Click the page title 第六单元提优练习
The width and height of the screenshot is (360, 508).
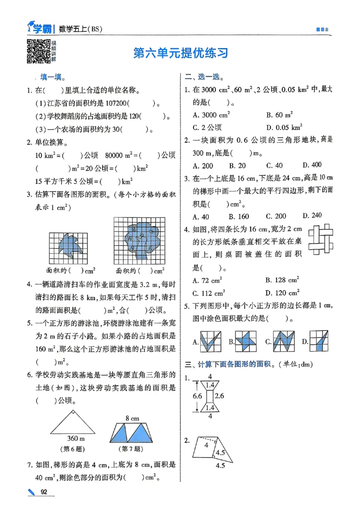coord(181,53)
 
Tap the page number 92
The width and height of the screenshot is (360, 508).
coord(44,492)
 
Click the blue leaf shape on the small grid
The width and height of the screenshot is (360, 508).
coord(69,245)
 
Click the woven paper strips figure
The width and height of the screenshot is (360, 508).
coord(320,238)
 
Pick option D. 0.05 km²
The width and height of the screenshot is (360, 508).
coord(284,127)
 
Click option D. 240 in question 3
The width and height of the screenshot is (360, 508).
coord(312,216)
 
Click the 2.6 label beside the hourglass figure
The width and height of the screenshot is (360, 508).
coord(220,396)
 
